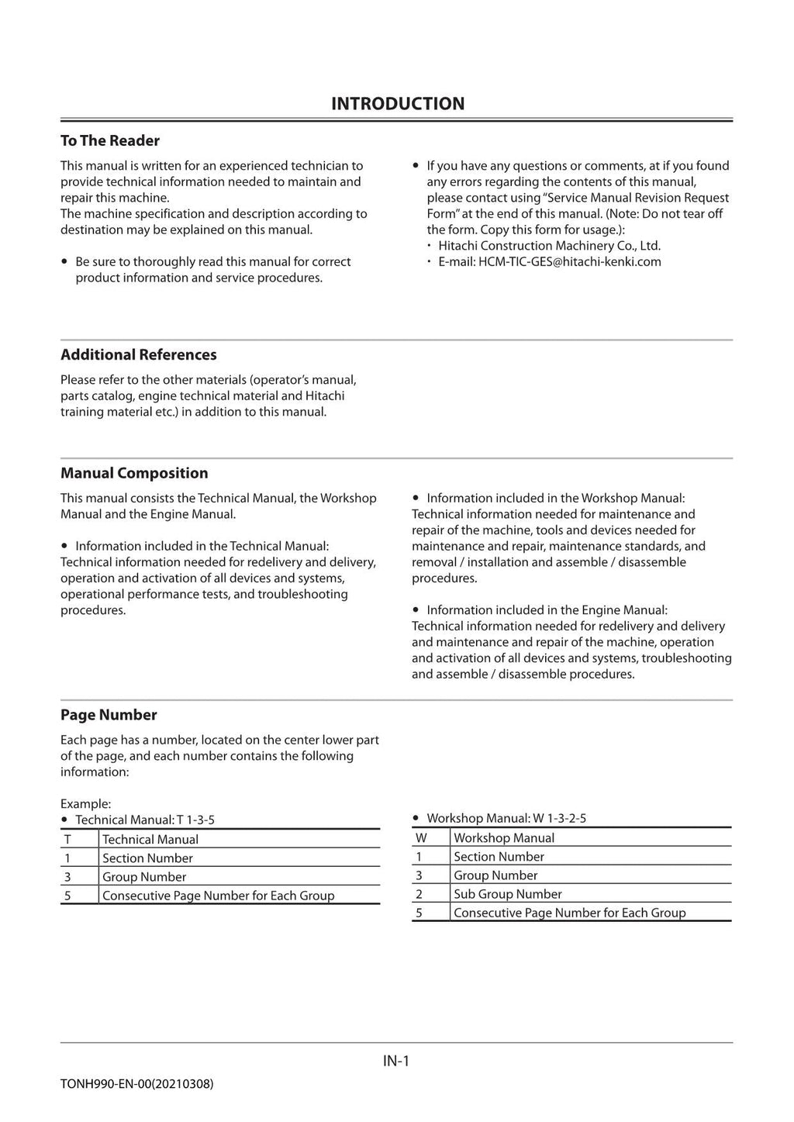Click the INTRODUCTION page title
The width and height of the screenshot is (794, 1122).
click(x=397, y=104)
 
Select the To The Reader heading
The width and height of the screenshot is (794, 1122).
click(x=110, y=140)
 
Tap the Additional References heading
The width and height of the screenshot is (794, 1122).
click(x=139, y=354)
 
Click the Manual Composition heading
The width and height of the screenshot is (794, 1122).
click(x=134, y=473)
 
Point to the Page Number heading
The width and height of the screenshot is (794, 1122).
click(x=109, y=715)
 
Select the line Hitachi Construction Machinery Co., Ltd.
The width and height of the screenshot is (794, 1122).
click(x=549, y=246)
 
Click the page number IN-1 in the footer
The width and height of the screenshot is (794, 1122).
click(x=395, y=1061)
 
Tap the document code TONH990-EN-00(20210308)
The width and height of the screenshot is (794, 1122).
click(x=136, y=1083)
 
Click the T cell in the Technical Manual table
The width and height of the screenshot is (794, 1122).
click(x=67, y=839)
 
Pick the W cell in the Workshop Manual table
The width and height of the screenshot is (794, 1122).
click(x=421, y=837)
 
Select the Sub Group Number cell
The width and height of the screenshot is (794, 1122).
click(x=507, y=894)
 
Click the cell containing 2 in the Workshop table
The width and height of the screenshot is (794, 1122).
click(x=419, y=894)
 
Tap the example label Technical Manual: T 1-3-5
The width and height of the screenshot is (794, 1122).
click(x=144, y=820)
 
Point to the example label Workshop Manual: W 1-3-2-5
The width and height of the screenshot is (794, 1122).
click(x=506, y=818)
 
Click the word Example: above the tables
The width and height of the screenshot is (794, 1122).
click(x=85, y=804)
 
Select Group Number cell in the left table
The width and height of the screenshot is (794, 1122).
click(x=144, y=877)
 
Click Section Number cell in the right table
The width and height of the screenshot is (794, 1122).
click(x=499, y=857)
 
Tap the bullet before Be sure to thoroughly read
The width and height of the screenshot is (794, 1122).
click(x=64, y=262)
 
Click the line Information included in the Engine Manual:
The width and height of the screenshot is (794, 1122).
click(x=547, y=610)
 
